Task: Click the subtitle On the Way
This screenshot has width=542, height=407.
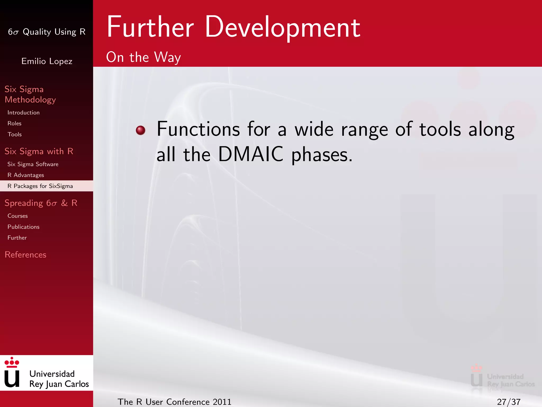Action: (x=143, y=57)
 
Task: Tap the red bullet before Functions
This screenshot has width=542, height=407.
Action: (x=141, y=130)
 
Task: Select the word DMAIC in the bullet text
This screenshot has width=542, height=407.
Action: (x=251, y=154)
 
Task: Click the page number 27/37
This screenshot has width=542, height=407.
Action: (x=508, y=402)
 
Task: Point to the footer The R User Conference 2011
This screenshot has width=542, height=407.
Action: (x=174, y=402)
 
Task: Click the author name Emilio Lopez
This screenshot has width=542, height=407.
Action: (x=47, y=61)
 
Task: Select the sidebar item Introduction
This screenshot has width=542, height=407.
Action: (x=24, y=113)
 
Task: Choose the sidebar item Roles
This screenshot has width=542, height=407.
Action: (x=15, y=123)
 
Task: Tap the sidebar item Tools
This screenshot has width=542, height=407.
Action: (x=15, y=134)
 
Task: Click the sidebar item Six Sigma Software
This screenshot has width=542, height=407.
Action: (x=33, y=164)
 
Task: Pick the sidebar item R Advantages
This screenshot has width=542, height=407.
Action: (x=26, y=175)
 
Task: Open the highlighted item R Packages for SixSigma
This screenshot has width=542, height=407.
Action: (x=40, y=186)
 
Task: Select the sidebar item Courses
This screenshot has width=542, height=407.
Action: (x=17, y=216)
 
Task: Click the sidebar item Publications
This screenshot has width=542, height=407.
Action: (x=23, y=227)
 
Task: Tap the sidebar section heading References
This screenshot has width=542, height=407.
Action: (x=25, y=255)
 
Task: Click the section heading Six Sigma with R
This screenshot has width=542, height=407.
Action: (x=39, y=151)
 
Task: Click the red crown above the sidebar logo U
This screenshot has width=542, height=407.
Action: (x=12, y=362)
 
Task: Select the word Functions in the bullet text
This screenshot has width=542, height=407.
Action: (x=198, y=129)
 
